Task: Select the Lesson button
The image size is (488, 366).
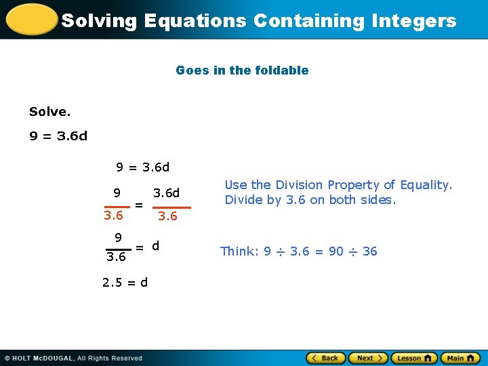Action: pos(413,358)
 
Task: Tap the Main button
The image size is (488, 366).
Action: pos(460,358)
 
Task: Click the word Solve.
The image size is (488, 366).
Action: pos(49,110)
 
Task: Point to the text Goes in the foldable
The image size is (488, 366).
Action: pos(242,70)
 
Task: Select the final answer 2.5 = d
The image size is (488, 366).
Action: pos(125,282)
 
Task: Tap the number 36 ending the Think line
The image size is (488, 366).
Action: pos(370,251)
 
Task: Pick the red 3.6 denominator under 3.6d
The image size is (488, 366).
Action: pos(167,216)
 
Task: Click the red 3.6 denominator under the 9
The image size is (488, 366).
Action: pos(113,216)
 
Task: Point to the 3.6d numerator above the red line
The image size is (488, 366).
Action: pos(167,193)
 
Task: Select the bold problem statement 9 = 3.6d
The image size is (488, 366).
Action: pos(58,136)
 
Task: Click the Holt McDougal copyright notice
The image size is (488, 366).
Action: pos(73,358)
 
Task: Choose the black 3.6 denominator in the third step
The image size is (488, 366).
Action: pos(117,258)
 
